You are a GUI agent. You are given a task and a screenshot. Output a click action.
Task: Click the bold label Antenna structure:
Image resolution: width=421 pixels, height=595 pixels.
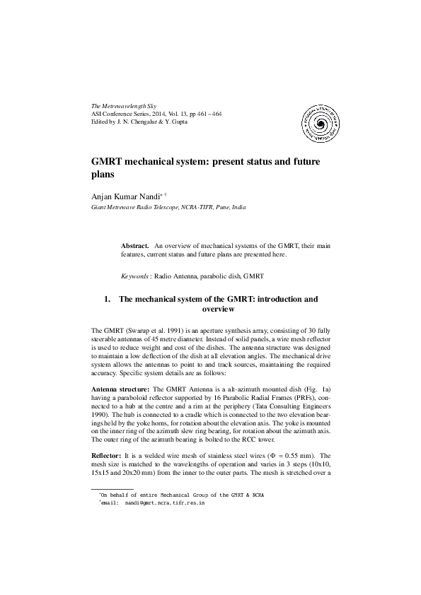(120, 390)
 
